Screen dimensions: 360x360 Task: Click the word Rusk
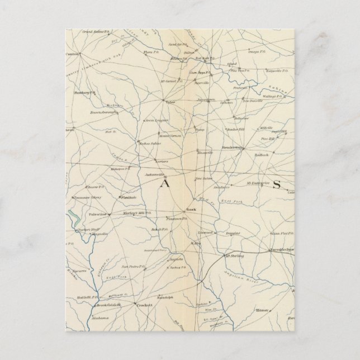pos(190,211)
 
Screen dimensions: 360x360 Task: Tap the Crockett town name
pos(145,305)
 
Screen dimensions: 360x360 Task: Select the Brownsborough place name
pos(103,112)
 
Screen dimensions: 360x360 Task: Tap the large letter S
pos(276,186)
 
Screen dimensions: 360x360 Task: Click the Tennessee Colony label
pos(88,197)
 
